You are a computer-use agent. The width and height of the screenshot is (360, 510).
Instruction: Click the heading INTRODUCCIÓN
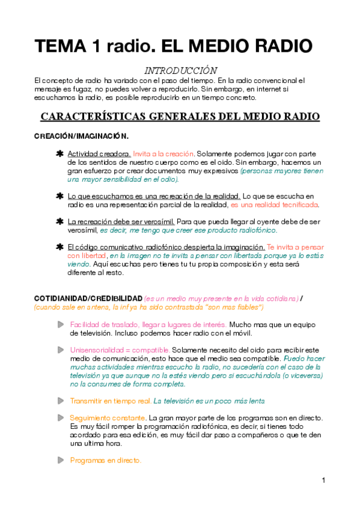coord(181,70)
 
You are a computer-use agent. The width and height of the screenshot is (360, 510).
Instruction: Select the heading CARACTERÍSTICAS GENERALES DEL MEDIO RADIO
coord(180,117)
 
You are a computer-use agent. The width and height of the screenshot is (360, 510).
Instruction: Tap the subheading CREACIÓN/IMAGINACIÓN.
coord(81,137)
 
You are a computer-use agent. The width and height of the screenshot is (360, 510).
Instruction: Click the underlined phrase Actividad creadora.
coord(99,154)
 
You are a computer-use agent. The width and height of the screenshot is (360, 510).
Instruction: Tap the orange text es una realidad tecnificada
coord(275,204)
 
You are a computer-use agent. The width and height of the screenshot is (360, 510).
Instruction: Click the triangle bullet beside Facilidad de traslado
coord(60,325)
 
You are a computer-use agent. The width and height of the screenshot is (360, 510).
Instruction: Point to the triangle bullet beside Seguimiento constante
coord(60,417)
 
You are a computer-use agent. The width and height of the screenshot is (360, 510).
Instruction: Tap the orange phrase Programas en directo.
coord(106,460)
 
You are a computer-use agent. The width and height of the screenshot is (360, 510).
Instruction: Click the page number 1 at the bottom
coord(323,480)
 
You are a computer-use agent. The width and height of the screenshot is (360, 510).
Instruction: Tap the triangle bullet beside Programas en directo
coord(60,460)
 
